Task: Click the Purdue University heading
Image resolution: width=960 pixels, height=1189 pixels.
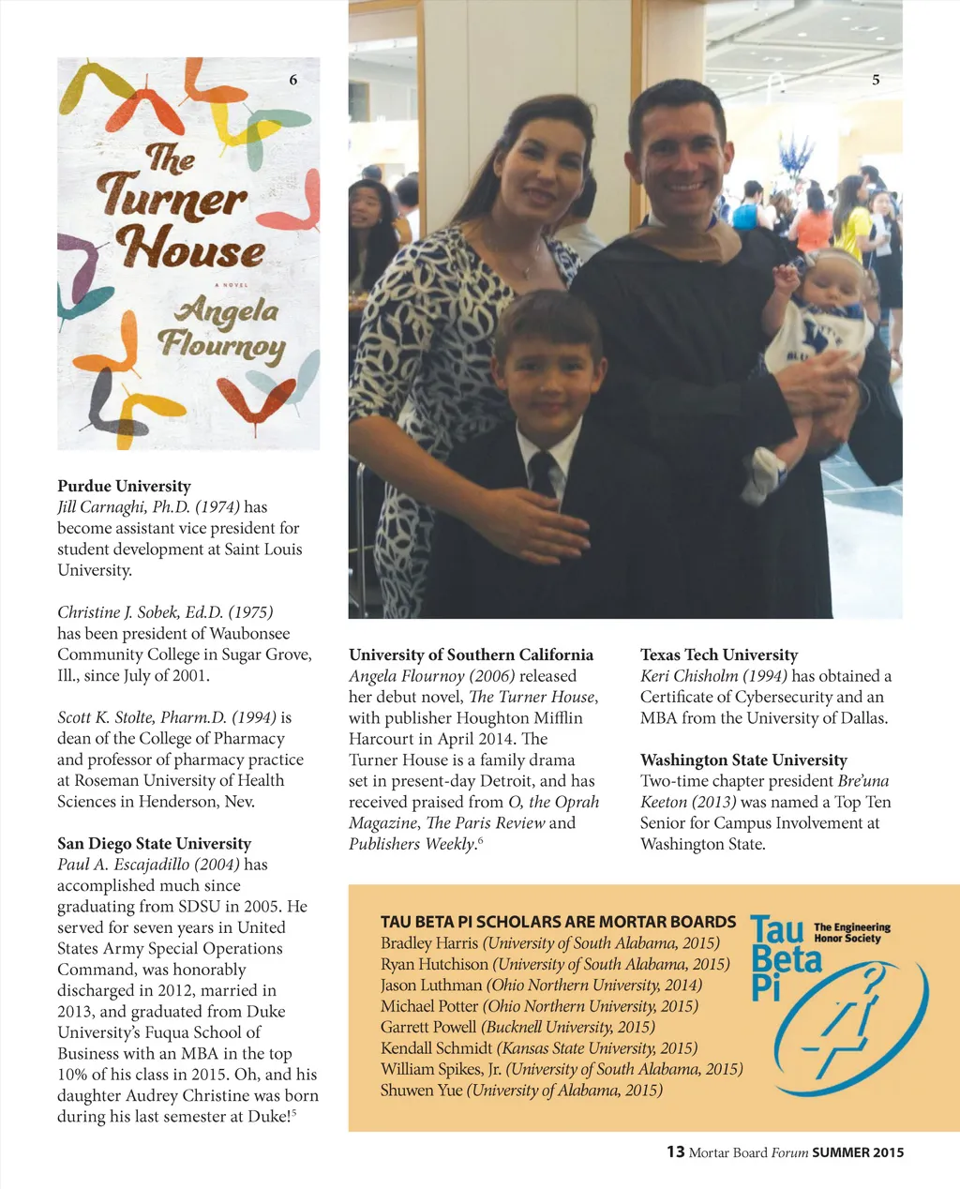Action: pos(124,486)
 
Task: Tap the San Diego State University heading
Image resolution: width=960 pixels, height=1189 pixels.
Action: pos(154,843)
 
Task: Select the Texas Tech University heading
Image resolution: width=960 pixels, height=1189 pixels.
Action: pos(718,655)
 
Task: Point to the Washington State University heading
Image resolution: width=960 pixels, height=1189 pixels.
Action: pos(742,760)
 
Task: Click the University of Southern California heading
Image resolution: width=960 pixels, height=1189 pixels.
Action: pos(471,655)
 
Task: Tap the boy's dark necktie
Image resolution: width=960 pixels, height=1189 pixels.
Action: pos(542,469)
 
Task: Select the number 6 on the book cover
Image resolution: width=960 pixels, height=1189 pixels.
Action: pos(293,81)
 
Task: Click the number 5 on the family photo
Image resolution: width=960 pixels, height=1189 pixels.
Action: pos(876,81)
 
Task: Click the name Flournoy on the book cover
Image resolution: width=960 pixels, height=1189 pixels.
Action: pos(221,346)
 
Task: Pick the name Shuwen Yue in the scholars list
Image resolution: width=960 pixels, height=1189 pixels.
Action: pos(421,1090)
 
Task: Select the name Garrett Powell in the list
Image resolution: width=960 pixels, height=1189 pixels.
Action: pos(428,1027)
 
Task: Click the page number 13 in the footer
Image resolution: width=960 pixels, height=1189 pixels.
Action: pos(675,1151)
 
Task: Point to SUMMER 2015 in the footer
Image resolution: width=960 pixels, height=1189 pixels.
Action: pos(858,1152)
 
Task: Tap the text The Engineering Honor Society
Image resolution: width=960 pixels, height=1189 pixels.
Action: pos(851,932)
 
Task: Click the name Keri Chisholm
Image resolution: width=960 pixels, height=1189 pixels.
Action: pos(692,676)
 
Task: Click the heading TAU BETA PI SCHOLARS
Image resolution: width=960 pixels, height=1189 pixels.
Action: pos(558,922)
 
